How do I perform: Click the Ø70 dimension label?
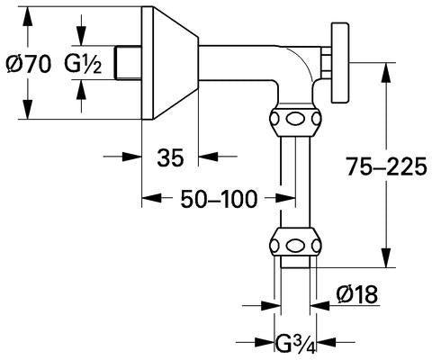pyautogui.click(x=29, y=65)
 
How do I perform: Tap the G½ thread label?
pyautogui.click(x=83, y=65)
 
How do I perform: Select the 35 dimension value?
pyautogui.click(x=170, y=157)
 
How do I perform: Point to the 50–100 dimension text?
pyautogui.click(x=219, y=198)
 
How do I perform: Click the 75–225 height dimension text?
pyautogui.click(x=386, y=166)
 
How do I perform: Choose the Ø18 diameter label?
pyautogui.click(x=357, y=294)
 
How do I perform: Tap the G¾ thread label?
pyautogui.click(x=295, y=344)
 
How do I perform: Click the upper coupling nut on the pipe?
pyautogui.click(x=295, y=120)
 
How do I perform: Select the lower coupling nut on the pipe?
pyautogui.click(x=295, y=245)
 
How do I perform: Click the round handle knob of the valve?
pyautogui.click(x=340, y=63)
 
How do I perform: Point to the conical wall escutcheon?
pyautogui.click(x=170, y=63)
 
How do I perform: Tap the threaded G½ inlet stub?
pyautogui.click(x=129, y=63)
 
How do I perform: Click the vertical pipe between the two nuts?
pyautogui.click(x=295, y=182)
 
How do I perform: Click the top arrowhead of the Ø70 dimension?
pyautogui.click(x=28, y=15)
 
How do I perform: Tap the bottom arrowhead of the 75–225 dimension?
pyautogui.click(x=387, y=258)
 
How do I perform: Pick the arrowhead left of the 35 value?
pyautogui.click(x=132, y=157)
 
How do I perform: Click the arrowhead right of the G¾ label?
pyautogui.click(x=326, y=342)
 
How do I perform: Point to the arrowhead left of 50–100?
pyautogui.click(x=151, y=198)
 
